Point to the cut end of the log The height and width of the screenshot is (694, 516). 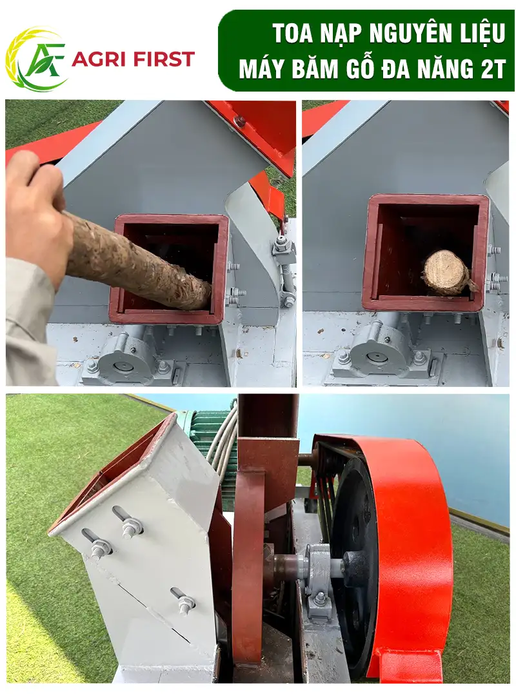tap(445, 270)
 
